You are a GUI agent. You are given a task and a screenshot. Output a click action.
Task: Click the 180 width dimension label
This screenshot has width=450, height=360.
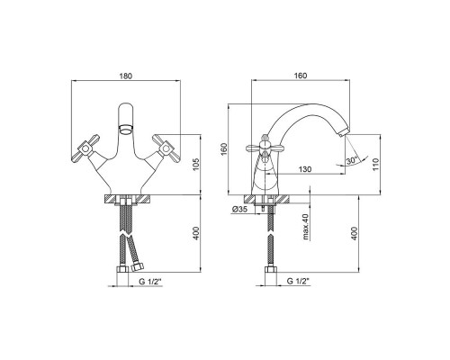[x=126, y=76]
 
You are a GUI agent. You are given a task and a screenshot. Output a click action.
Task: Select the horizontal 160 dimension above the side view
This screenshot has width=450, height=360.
[x=301, y=76]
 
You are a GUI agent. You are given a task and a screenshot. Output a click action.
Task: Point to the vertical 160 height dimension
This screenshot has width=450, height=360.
[x=225, y=149]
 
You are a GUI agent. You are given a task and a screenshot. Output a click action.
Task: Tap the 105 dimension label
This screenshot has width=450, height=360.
[x=195, y=165]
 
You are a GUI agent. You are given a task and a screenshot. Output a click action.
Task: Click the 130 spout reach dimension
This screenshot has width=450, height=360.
[x=305, y=169]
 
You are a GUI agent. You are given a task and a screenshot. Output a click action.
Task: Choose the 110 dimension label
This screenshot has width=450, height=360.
[x=376, y=165]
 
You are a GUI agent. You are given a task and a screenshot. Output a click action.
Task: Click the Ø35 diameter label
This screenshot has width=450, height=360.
[x=239, y=210]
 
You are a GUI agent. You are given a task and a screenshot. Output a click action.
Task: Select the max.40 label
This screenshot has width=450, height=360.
[x=306, y=227]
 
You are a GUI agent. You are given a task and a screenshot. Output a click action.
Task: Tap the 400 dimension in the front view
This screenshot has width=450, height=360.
[x=195, y=233]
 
